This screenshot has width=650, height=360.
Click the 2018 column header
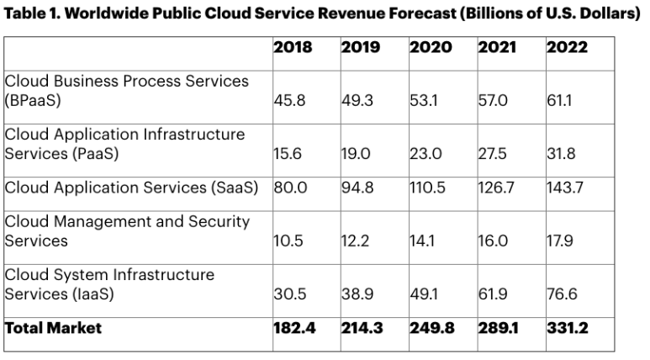(x=293, y=48)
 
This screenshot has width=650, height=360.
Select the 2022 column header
(x=567, y=48)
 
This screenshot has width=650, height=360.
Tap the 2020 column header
(x=430, y=48)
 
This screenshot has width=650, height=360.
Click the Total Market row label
(x=53, y=328)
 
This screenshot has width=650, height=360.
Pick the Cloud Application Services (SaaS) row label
(x=131, y=188)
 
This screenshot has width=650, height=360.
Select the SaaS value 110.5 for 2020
(x=427, y=188)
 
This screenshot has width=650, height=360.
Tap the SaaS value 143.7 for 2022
(x=564, y=188)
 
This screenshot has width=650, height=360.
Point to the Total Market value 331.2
(x=566, y=328)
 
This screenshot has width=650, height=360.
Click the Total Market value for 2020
(x=431, y=328)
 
